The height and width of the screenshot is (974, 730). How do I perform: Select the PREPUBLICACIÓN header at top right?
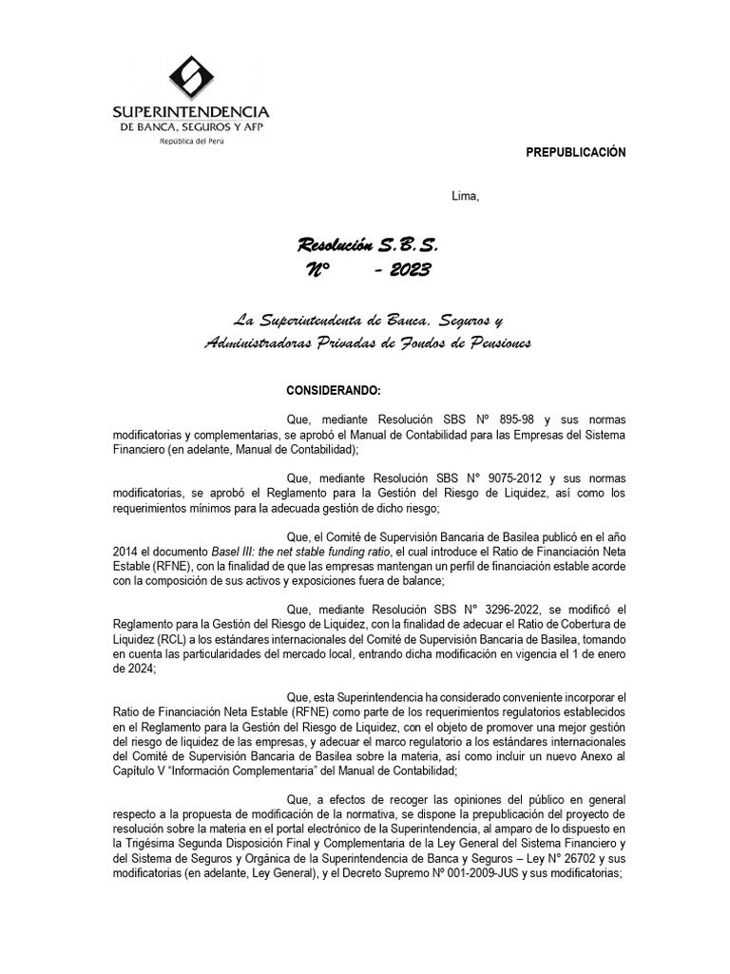(576, 153)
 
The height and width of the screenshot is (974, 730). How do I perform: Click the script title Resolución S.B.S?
(368, 245)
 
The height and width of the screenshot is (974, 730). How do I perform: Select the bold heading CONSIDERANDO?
(334, 392)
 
